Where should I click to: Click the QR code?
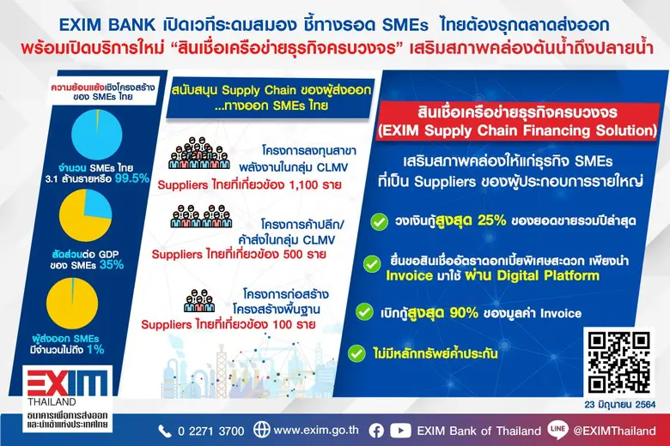pyautogui.click(x=619, y=361)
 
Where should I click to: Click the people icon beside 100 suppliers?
pyautogui.click(x=200, y=302)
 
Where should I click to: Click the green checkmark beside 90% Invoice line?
pyautogui.click(x=365, y=310)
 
